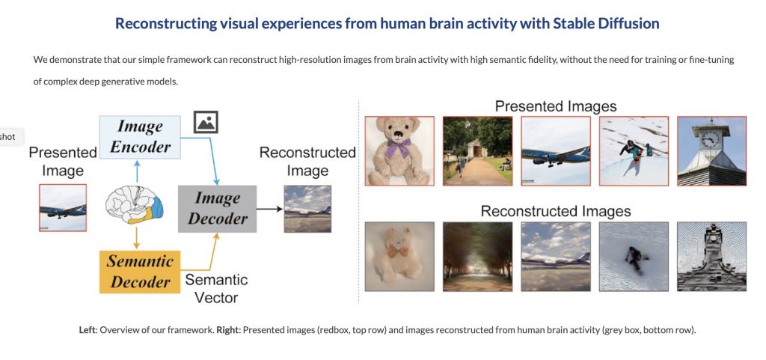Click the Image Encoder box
point(140,137)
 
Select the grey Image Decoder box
point(218,209)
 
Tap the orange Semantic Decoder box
point(140,272)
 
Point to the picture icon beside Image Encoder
point(206,122)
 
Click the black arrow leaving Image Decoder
point(269,209)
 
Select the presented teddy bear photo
point(399,151)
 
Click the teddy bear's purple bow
point(397,147)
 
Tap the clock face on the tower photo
point(711,138)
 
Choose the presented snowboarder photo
point(634,151)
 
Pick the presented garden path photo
point(478,151)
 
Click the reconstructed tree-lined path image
point(478,257)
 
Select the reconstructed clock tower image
point(712,257)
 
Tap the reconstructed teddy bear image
point(399,257)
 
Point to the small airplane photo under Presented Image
point(63,207)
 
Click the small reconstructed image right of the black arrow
point(307,209)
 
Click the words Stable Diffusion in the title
point(606,23)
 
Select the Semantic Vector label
point(216,288)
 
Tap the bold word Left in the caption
point(88,330)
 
